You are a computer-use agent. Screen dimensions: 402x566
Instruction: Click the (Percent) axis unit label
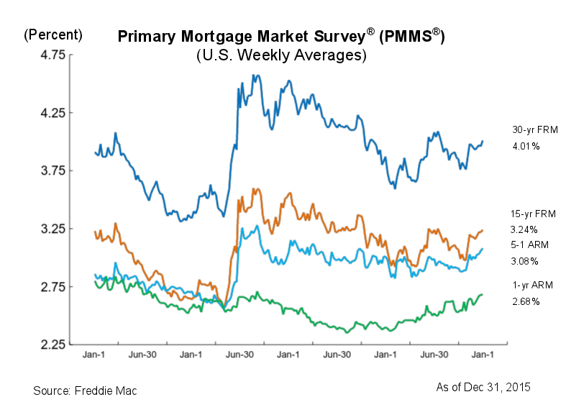coord(53,35)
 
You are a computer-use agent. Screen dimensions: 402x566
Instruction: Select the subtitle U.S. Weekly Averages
coord(281,55)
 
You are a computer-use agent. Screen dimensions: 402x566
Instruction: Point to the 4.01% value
coord(526,146)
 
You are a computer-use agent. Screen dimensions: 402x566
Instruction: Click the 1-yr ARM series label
coord(529,286)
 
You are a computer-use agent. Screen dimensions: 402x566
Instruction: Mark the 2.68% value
coord(526,301)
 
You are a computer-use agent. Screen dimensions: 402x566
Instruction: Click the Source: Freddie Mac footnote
coord(85,390)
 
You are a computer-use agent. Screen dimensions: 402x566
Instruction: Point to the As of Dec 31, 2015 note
coord(484,386)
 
